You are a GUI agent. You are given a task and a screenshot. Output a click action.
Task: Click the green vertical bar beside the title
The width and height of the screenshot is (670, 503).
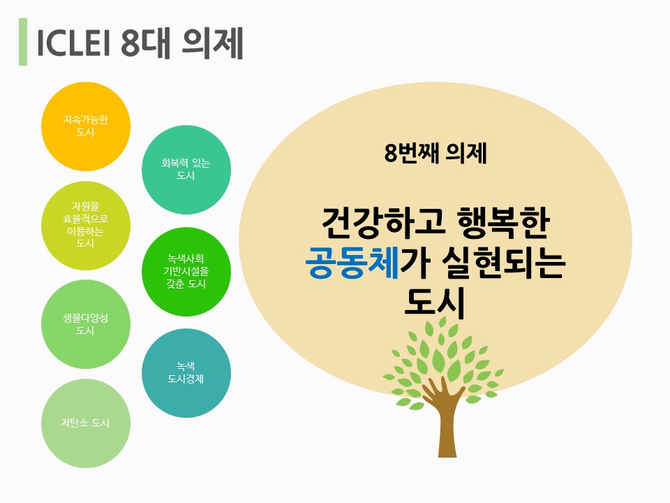(x=23, y=41)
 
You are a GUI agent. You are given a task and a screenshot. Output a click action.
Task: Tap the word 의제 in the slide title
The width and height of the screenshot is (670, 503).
(x=213, y=43)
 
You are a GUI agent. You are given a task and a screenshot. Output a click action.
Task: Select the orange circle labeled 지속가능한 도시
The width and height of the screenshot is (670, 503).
(x=85, y=126)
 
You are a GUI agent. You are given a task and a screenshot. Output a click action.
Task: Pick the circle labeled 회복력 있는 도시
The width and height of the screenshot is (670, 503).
(x=186, y=169)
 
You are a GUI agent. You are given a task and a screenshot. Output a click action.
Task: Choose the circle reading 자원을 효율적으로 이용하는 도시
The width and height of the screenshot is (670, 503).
(x=85, y=226)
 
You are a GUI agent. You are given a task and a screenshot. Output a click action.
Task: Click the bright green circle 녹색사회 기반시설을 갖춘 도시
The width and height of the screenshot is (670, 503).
(x=186, y=272)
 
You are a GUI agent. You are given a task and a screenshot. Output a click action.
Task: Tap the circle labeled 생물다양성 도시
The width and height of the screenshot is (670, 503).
(x=85, y=324)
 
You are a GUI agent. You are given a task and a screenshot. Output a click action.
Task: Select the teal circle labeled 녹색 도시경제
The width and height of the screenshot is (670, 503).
(x=186, y=373)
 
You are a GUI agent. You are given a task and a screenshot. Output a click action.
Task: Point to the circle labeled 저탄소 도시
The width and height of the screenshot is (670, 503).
(x=85, y=423)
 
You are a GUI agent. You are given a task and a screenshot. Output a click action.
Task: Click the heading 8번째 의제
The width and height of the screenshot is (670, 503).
(x=435, y=153)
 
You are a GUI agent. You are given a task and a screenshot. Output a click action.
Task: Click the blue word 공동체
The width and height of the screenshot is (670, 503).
(x=352, y=262)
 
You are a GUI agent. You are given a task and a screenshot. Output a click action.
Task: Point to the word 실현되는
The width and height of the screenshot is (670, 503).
(x=504, y=262)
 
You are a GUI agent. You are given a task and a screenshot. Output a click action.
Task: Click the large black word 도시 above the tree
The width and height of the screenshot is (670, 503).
(x=434, y=302)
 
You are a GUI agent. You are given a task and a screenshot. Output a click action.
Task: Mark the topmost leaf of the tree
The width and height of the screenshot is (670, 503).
(x=442, y=321)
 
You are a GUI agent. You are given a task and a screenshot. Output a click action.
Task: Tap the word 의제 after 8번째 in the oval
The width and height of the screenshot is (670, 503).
(x=466, y=153)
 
